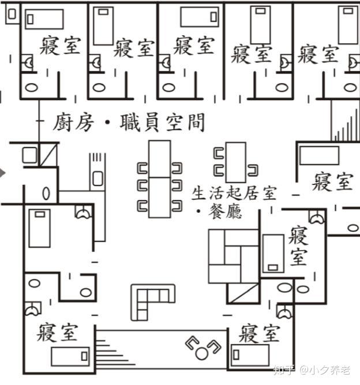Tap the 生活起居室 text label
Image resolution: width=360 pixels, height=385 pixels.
234,192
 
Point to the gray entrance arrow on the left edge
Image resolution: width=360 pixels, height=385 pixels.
3,172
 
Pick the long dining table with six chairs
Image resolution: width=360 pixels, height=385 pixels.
159,179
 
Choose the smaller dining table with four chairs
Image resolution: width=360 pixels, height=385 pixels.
235,162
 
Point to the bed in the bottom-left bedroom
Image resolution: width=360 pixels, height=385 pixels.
70,357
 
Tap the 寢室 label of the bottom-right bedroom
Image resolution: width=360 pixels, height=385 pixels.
260,333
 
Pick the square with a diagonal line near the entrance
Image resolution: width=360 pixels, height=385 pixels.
49,154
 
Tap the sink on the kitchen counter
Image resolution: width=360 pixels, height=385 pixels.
97,179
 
